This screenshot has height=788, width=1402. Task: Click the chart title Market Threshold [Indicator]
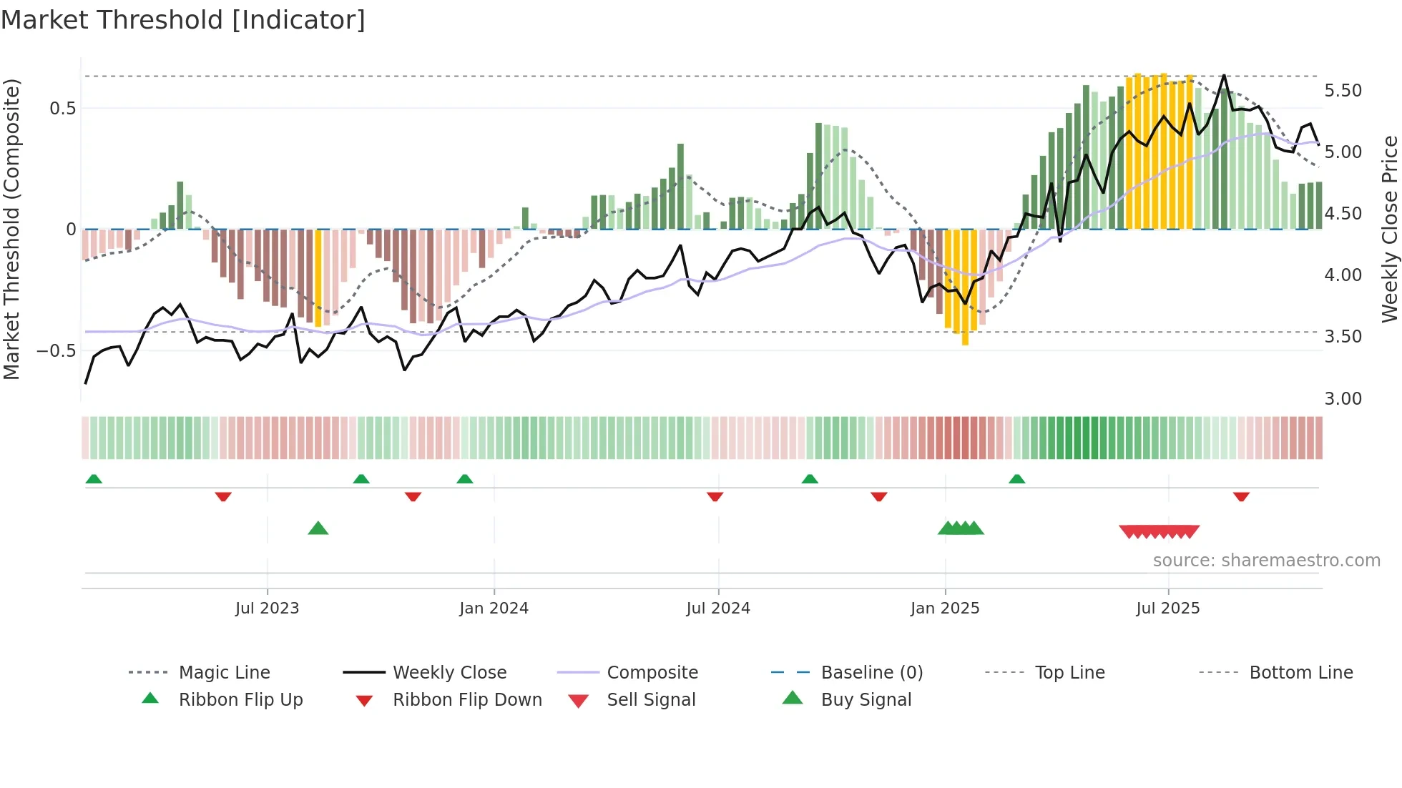(183, 20)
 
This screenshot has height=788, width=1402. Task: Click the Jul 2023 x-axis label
(267, 609)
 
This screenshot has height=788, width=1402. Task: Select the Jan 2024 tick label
(494, 609)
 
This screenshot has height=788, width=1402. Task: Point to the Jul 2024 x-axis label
(718, 609)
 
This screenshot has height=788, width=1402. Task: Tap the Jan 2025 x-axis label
(945, 609)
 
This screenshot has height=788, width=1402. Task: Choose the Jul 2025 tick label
(1168, 609)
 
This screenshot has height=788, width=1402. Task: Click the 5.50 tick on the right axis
(1343, 91)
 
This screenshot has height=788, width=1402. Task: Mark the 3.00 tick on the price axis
(1343, 399)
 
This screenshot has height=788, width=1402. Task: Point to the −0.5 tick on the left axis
(56, 351)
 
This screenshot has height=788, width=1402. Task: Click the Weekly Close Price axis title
(1389, 229)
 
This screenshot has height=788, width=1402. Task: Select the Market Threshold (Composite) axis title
(11, 229)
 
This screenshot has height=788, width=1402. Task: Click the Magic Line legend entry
(224, 673)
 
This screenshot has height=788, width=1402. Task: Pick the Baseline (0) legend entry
(871, 673)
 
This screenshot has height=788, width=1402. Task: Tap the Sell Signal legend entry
(650, 700)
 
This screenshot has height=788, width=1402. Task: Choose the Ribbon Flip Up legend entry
(240, 700)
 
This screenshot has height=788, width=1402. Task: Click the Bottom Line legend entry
(1300, 673)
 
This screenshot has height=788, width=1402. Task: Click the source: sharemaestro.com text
(1266, 561)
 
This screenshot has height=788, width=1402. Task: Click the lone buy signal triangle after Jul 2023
(318, 529)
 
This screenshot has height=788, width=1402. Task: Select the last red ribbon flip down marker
(1241, 496)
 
